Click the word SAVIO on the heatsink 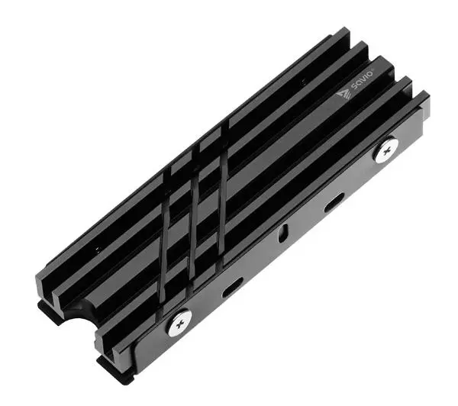tap(363, 79)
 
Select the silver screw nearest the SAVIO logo tap(386, 150)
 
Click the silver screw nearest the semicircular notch tap(179, 322)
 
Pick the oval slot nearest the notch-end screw tap(233, 288)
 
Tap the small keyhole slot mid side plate tap(282, 233)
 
